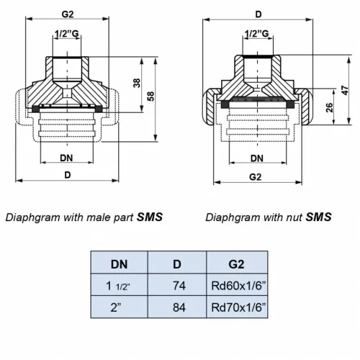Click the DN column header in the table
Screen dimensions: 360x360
[x=119, y=264]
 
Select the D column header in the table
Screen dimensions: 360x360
[x=177, y=264]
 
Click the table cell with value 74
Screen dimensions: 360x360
[x=177, y=285]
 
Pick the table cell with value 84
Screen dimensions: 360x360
[x=177, y=307]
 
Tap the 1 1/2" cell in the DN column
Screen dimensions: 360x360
[x=119, y=285]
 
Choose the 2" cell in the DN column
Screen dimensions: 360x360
[x=119, y=307]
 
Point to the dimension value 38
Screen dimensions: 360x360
[x=137, y=84]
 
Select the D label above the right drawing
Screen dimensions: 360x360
[x=258, y=14]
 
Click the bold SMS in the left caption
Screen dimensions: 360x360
[x=149, y=217]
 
